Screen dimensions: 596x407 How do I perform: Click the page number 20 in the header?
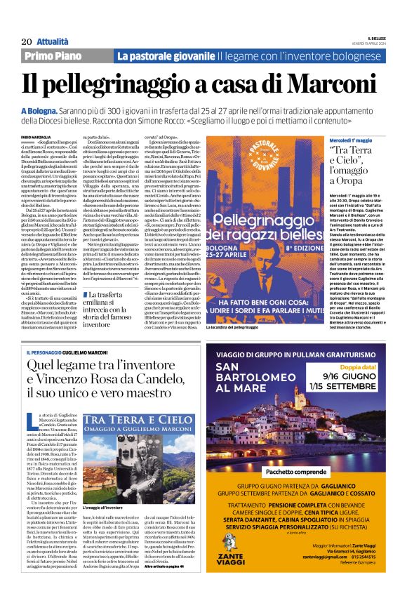[x=18, y=41]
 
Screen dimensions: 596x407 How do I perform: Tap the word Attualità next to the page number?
[x=44, y=41]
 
